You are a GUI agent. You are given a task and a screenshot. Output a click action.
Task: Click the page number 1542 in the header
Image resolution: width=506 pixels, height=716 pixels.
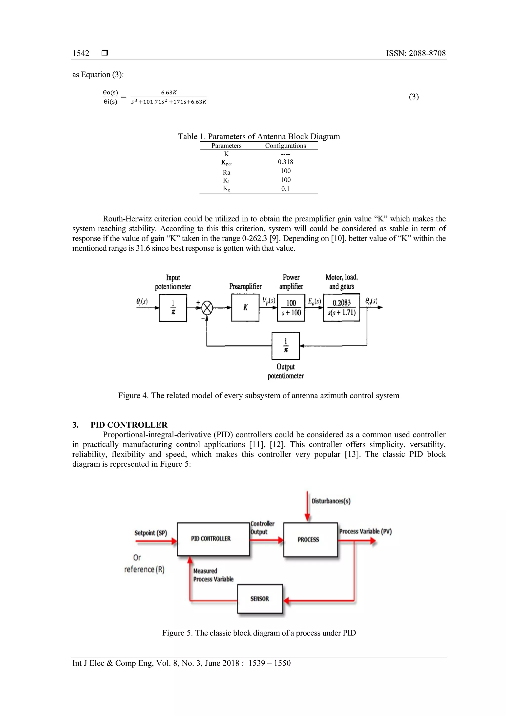tap(81, 53)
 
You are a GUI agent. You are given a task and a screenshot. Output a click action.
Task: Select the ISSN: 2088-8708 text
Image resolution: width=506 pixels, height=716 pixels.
tap(416, 53)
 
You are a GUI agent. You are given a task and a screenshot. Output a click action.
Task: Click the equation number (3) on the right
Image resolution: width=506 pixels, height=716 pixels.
tap(414, 97)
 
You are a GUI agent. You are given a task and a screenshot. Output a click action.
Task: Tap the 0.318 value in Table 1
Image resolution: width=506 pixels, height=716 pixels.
tap(285, 162)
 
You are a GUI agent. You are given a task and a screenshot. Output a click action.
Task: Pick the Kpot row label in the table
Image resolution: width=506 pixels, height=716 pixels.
tap(226, 162)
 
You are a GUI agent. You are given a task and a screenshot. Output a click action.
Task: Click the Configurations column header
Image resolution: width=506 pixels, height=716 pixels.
tap(285, 146)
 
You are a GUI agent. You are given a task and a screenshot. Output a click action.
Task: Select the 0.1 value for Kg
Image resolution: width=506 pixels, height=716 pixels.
tap(285, 189)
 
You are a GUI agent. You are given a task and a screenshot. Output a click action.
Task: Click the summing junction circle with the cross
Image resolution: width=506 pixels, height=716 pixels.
tap(207, 308)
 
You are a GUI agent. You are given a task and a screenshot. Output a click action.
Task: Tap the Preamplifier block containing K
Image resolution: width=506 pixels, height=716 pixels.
tap(245, 308)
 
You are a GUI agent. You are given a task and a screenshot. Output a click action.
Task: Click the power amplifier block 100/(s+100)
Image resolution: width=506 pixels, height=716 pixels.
tap(291, 308)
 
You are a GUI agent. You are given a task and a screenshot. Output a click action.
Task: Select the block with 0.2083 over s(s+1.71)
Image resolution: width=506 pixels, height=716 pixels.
tap(341, 308)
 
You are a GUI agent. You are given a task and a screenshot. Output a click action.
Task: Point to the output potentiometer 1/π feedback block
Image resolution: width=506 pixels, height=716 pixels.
tap(286, 346)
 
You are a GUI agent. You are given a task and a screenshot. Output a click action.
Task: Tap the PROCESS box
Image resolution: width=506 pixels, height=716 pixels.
tap(310, 540)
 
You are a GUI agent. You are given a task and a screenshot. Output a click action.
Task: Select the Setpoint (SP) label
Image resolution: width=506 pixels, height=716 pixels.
tap(150, 533)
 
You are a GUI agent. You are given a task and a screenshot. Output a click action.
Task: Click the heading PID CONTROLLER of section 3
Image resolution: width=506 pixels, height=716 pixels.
tap(129, 425)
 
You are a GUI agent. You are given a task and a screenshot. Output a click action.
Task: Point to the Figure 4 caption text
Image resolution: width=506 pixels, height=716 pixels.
tap(258, 395)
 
